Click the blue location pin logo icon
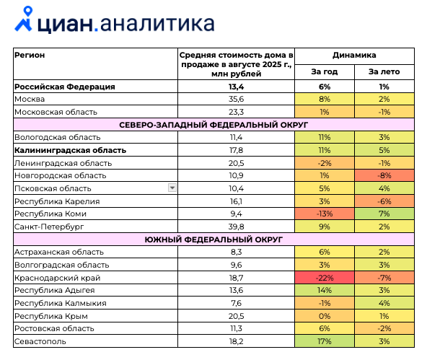point(24,19)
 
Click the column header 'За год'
point(325,72)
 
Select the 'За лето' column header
point(384,72)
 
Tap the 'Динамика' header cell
point(354,56)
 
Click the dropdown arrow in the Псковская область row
point(172,188)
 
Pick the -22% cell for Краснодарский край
point(325,278)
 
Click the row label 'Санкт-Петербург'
point(49,227)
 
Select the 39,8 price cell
point(236,227)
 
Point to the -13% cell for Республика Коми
point(325,214)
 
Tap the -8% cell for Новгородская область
point(384,175)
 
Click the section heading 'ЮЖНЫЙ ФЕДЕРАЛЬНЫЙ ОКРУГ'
point(213,240)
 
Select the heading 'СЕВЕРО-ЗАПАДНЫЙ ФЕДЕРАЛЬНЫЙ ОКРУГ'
point(213,125)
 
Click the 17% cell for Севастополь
point(325,341)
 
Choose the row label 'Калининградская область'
point(70,150)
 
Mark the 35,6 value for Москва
point(236,99)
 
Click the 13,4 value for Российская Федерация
point(236,87)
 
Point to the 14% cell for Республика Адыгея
point(325,290)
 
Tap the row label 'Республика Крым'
point(51,316)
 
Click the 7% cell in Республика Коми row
point(384,214)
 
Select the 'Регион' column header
point(30,56)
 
